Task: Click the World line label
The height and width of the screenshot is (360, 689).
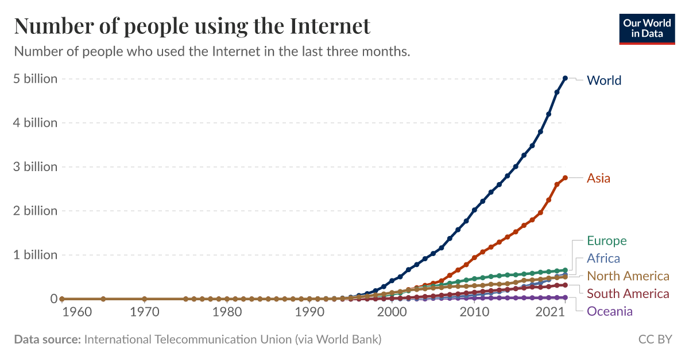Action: [x=604, y=80]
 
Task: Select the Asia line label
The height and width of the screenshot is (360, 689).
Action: [x=598, y=178]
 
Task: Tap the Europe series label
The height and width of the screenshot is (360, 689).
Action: [x=606, y=241]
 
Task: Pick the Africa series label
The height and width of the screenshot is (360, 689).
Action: [x=603, y=258]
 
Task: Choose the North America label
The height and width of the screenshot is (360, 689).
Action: [x=628, y=276]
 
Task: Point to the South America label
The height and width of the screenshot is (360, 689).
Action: [x=628, y=294]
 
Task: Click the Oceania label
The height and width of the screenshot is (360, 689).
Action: [x=609, y=312]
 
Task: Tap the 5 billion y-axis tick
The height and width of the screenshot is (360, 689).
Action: [x=36, y=79]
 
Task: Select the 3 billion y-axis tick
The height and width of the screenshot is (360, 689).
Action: [x=36, y=167]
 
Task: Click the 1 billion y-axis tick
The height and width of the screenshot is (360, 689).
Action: [x=36, y=255]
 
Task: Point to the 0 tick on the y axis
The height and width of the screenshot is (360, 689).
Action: [x=54, y=299]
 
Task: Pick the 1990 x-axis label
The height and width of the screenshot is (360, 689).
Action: [x=309, y=312]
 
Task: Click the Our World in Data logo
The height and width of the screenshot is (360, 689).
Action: [x=647, y=28]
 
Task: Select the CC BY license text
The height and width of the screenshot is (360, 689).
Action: [x=655, y=339]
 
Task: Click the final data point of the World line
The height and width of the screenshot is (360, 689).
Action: [x=565, y=78]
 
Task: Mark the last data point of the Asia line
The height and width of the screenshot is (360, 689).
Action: [x=565, y=178]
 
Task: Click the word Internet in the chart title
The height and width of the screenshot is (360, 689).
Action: [x=330, y=26]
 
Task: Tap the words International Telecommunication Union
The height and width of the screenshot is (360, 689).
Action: [x=188, y=339]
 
